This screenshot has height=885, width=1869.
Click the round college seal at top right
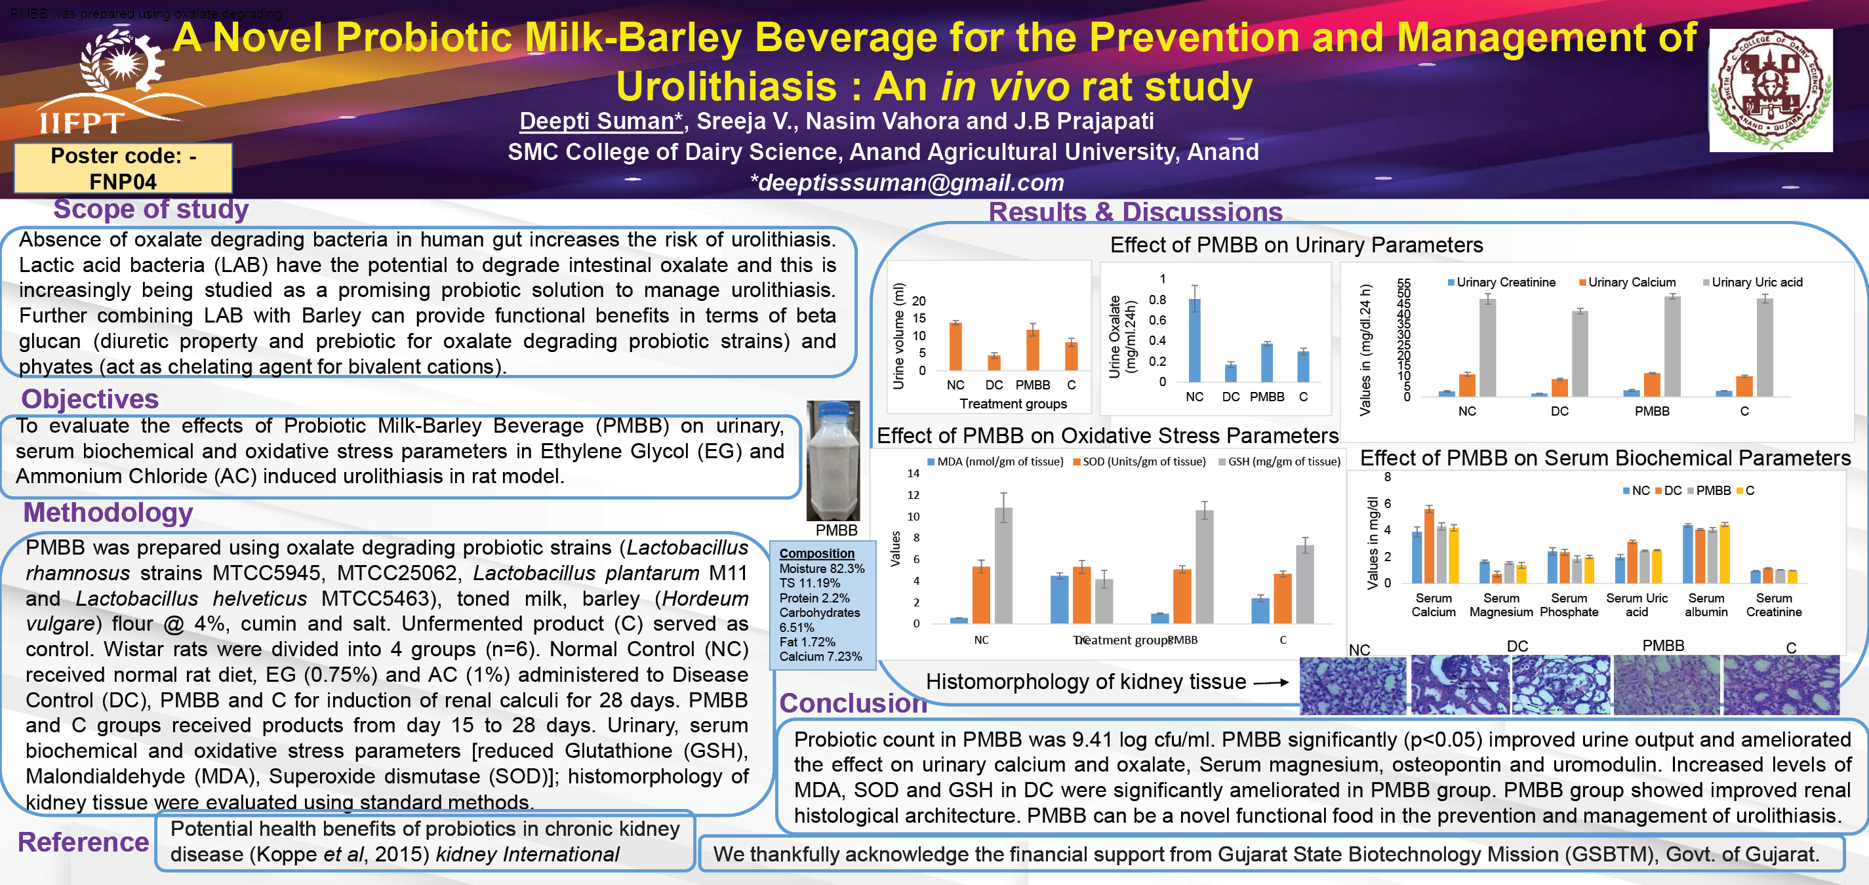pyautogui.click(x=1771, y=90)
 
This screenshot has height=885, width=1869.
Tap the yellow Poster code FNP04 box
pyautogui.click(x=123, y=168)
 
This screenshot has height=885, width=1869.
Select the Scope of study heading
pyautogui.click(x=151, y=209)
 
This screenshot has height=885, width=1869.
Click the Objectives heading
pyautogui.click(x=90, y=399)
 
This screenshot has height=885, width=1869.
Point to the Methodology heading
pyautogui.click(x=108, y=512)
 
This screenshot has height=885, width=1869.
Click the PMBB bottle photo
pyautogui.click(x=833, y=461)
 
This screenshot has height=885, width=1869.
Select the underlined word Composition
pyautogui.click(x=817, y=553)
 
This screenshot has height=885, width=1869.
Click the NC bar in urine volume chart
pyautogui.click(x=955, y=347)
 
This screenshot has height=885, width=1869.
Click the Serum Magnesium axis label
pyautogui.click(x=1501, y=605)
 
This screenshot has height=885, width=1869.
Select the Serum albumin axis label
pyautogui.click(x=1706, y=605)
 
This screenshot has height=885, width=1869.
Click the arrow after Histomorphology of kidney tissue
pyautogui.click(x=1271, y=682)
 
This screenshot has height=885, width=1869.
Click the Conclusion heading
pyautogui.click(x=853, y=703)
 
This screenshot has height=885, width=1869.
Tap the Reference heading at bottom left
pyautogui.click(x=83, y=842)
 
